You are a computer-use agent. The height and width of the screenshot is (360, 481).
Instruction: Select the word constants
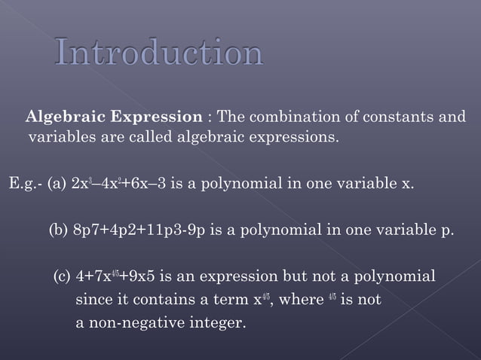pyautogui.click(x=400, y=117)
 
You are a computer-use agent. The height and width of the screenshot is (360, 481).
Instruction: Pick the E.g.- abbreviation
pyautogui.click(x=25, y=183)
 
